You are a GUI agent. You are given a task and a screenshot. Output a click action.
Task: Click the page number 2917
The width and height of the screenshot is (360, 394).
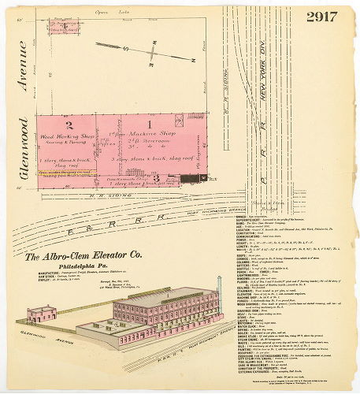(322, 17)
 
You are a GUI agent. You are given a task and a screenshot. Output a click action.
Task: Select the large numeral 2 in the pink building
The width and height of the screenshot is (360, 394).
(69, 124)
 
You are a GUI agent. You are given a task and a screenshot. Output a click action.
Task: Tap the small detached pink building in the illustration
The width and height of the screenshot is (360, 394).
(39, 314)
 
